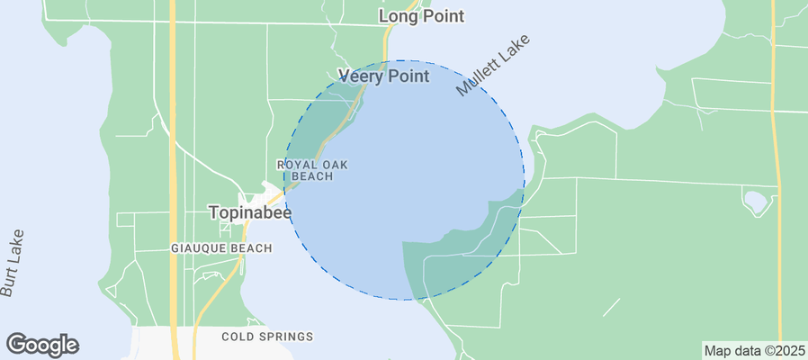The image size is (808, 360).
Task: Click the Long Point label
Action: point(421,16)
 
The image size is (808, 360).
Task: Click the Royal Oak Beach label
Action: point(311,170)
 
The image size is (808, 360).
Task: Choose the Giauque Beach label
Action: point(221,247)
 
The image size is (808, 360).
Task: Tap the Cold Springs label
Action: point(267,337)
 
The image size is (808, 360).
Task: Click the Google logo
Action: point(42,344)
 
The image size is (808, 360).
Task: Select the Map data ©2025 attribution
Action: point(753,351)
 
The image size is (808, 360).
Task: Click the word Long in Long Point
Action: point(399,16)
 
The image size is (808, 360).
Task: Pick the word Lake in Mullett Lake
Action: point(515,49)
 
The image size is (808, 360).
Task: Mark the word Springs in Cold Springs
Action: point(290,337)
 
